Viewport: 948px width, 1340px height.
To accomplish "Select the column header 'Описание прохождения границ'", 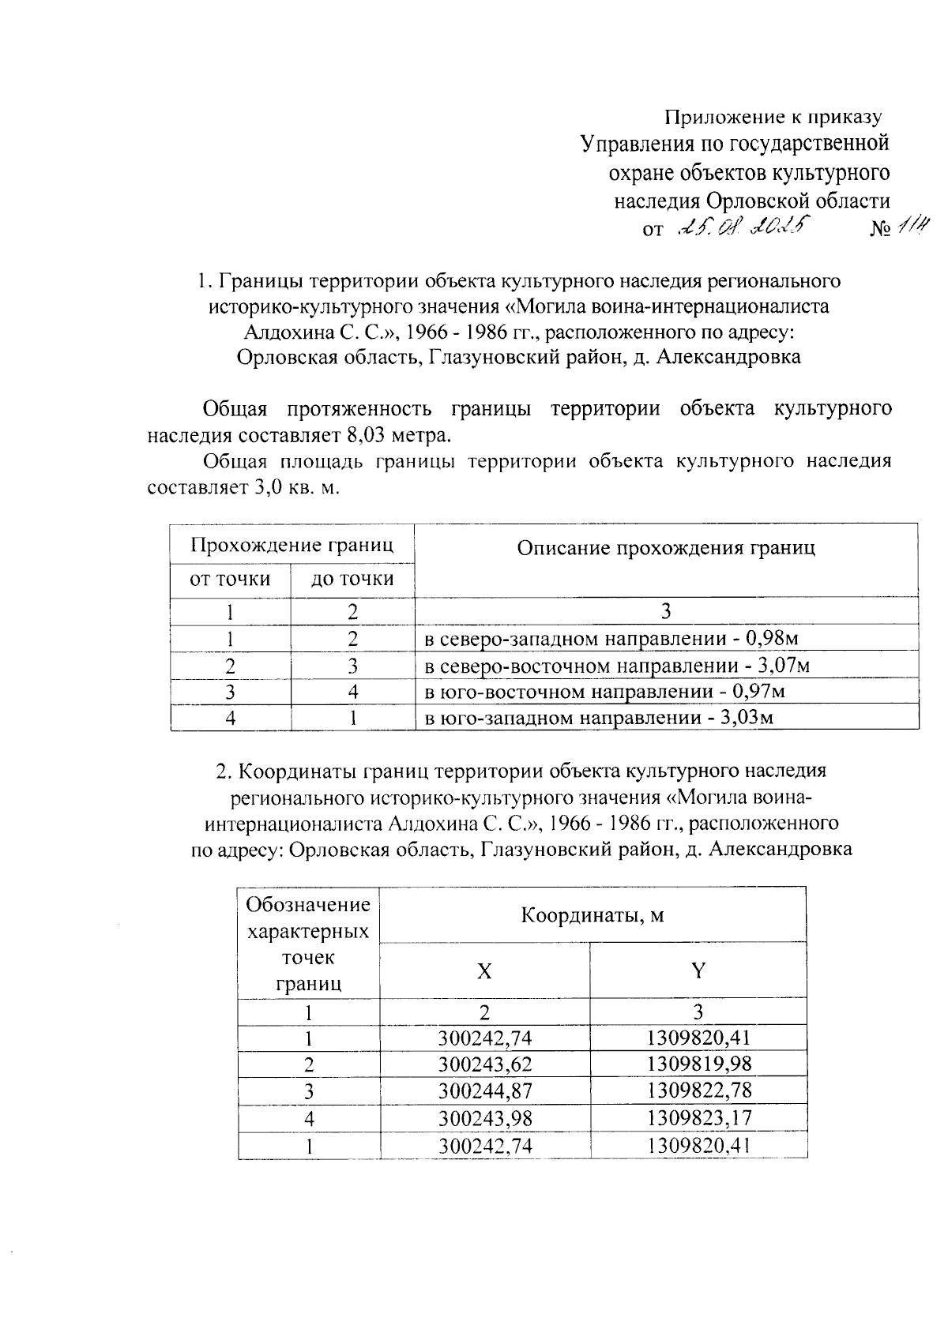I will click(x=665, y=548).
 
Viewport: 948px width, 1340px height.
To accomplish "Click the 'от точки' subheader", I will click(x=230, y=579).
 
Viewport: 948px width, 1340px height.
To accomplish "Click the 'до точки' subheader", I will click(x=352, y=579).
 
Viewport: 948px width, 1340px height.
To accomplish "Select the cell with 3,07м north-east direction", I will click(x=617, y=666).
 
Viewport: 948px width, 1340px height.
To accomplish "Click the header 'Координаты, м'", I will click(x=592, y=915).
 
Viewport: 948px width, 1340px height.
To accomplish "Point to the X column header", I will click(x=484, y=971).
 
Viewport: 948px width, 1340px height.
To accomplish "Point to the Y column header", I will click(x=698, y=971).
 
